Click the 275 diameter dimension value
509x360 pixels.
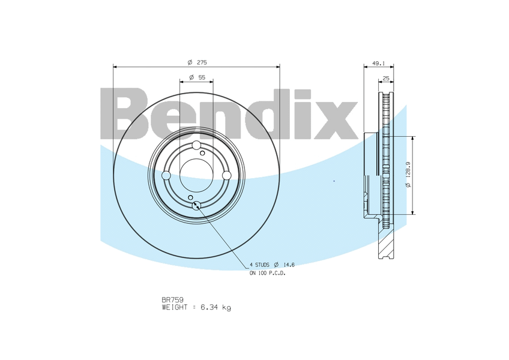[x=202, y=62]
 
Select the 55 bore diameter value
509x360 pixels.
[x=202, y=77]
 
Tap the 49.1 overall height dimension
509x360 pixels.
[x=378, y=64]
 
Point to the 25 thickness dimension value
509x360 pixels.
[x=386, y=78]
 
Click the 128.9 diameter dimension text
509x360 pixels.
[x=408, y=169]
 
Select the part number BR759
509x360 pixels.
[x=172, y=300]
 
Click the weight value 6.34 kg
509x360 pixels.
[x=215, y=307]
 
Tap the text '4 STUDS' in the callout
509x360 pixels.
[x=259, y=265]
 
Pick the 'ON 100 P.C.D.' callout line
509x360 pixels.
[x=268, y=274]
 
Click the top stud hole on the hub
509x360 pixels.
[x=196, y=145]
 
